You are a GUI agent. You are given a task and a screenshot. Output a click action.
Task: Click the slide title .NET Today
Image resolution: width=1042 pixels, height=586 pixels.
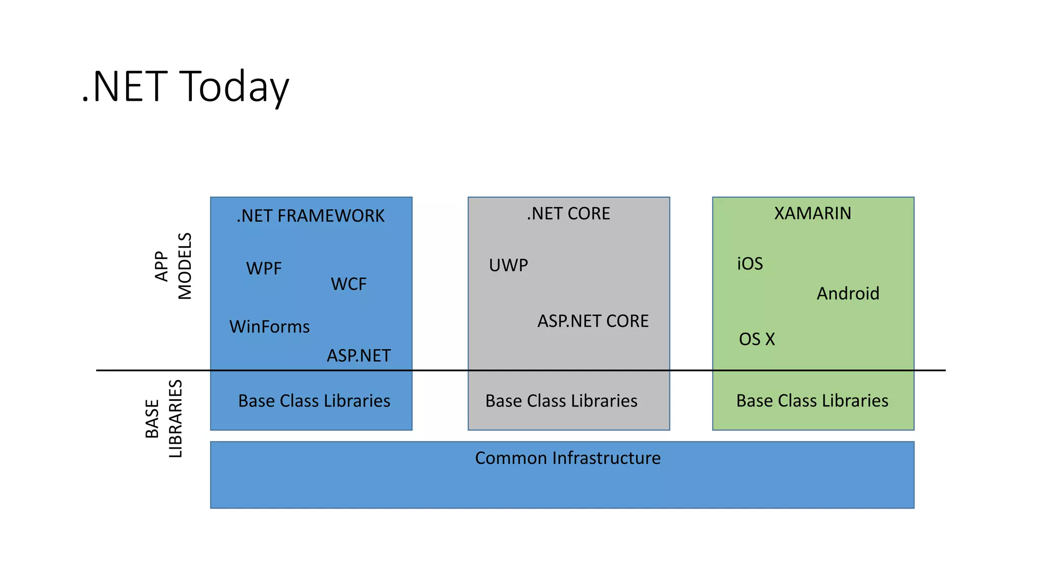pos(185,86)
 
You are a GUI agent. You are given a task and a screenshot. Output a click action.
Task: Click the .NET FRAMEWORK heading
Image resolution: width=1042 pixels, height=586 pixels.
pos(310,216)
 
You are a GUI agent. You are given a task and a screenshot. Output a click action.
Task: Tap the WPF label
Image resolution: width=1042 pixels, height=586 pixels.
pos(264,268)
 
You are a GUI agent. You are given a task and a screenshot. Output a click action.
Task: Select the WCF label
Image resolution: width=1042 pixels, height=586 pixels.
pos(349,284)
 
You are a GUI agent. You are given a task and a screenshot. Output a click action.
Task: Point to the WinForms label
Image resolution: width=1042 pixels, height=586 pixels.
pos(269,327)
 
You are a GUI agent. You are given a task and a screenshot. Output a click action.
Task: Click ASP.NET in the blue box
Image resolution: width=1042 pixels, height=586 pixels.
pos(359,356)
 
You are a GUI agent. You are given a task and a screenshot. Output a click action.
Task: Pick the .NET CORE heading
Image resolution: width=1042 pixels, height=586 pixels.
pos(568,214)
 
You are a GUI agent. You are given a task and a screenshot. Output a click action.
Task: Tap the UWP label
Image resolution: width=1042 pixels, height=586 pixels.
pos(508,265)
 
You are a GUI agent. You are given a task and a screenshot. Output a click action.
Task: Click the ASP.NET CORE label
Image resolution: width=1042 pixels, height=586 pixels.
pos(593,321)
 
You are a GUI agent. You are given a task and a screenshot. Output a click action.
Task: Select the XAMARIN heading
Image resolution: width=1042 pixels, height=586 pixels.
pos(813,213)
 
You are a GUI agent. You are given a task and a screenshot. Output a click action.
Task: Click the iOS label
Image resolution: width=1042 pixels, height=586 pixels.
pos(750,263)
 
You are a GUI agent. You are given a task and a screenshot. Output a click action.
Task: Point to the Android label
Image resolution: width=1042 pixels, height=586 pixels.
pos(848,294)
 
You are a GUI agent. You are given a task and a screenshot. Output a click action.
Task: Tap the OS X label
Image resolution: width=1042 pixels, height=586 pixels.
pos(757,339)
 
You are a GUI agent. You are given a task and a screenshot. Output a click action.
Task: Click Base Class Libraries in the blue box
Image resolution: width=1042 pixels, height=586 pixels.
pos(314,401)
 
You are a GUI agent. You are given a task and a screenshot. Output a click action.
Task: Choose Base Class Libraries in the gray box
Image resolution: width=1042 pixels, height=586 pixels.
pos(561,401)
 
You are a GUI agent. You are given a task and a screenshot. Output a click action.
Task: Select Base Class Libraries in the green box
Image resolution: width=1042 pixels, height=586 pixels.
pos(812,401)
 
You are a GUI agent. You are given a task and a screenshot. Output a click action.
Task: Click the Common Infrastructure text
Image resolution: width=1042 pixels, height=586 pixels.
pos(567,458)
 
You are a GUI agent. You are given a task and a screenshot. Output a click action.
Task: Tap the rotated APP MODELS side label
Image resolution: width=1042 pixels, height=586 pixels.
pos(173,266)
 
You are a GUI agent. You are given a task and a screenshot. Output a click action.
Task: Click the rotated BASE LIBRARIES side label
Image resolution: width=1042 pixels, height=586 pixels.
pos(163,419)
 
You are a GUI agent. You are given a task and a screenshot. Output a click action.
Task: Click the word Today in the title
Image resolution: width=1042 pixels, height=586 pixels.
pos(235,86)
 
